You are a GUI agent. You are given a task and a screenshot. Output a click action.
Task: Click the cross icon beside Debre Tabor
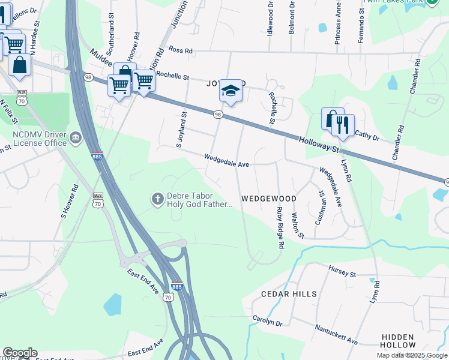tap(157, 199)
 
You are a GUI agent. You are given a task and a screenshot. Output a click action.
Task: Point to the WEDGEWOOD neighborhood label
tap(269, 198)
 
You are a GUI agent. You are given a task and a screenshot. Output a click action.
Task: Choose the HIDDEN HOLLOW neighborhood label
tap(398, 341)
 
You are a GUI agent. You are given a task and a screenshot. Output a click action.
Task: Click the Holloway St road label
tap(320, 145)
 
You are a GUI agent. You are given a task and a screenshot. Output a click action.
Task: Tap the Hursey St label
tap(342, 271)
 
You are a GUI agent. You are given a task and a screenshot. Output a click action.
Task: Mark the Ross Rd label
tap(180, 50)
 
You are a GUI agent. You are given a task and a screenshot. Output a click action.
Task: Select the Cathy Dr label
tap(368, 136)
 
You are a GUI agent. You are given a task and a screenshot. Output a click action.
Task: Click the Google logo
tap(19, 353)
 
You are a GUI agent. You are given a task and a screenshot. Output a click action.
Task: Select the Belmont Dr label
tap(291, 18)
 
